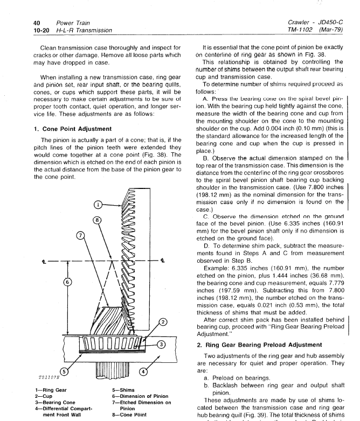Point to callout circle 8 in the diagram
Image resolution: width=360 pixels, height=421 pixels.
pos(97,220)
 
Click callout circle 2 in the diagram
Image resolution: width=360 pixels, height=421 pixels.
pos(162,322)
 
